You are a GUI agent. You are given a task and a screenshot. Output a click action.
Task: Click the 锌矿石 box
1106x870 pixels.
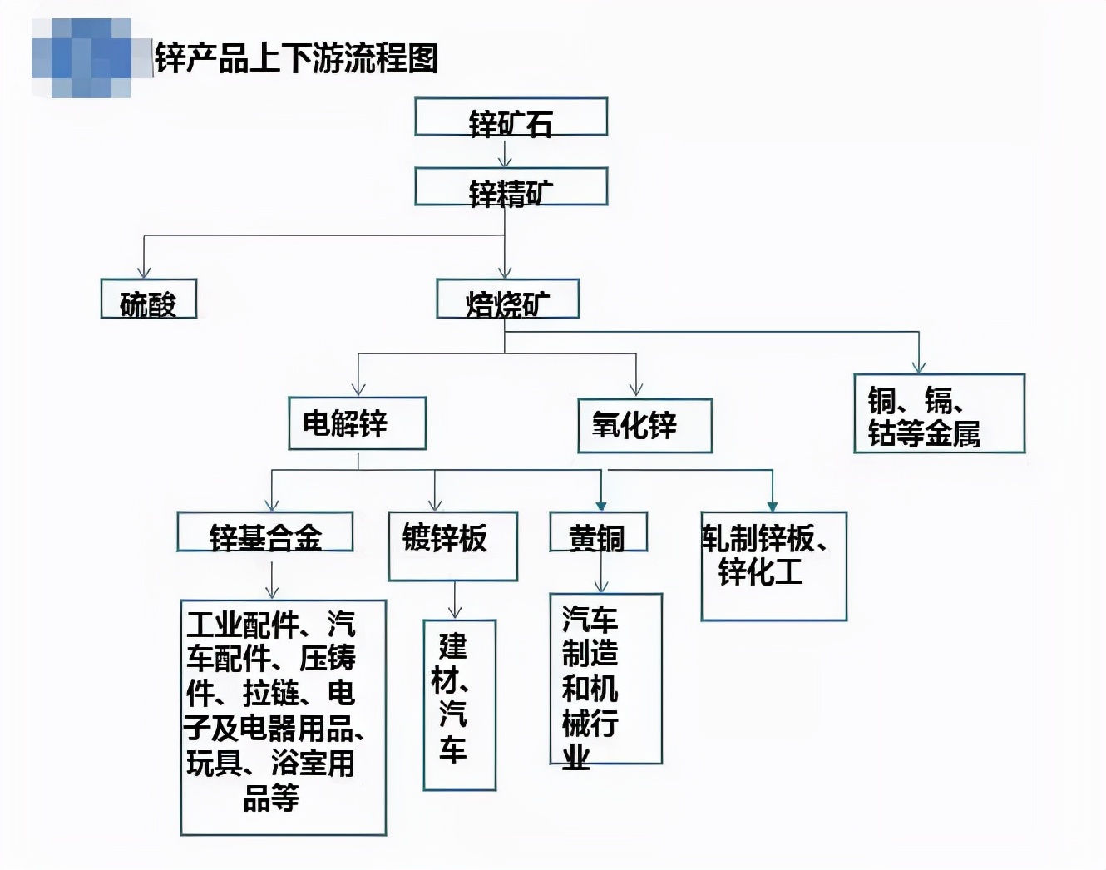(x=511, y=117)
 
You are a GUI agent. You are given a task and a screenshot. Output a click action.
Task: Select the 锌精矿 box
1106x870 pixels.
(x=511, y=186)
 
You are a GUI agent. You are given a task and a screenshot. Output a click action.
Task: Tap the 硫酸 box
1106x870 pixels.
(x=148, y=299)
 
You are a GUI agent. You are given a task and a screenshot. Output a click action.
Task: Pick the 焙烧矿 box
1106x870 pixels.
(x=507, y=299)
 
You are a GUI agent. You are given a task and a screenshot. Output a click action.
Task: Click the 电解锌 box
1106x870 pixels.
(x=357, y=423)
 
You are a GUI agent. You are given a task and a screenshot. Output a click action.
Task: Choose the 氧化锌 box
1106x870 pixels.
(x=644, y=425)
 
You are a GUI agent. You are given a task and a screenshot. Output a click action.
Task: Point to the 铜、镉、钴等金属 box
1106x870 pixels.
(x=939, y=413)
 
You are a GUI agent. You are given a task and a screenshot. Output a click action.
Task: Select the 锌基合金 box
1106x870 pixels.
(x=264, y=532)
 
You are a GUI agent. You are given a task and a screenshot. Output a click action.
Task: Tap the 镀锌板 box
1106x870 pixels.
(x=452, y=546)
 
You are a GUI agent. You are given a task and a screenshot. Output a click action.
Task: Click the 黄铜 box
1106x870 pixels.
(x=598, y=532)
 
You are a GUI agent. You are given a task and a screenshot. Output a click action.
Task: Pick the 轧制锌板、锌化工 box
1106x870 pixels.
(x=773, y=566)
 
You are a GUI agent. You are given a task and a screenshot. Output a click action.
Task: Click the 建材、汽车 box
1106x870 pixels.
(x=459, y=704)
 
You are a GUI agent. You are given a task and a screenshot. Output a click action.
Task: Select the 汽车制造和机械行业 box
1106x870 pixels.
(x=605, y=679)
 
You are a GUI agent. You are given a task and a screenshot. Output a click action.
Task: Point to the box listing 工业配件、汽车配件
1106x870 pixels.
(x=283, y=717)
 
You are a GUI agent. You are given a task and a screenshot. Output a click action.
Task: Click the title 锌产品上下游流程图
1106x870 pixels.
(x=296, y=58)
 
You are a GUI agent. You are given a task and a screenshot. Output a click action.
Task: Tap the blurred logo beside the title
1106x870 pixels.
(x=81, y=58)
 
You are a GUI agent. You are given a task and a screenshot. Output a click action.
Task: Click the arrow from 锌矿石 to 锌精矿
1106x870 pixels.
(x=505, y=152)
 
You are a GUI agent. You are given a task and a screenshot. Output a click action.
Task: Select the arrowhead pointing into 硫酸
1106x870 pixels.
(x=144, y=271)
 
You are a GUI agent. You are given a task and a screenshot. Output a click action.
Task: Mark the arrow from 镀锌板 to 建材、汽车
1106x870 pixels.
(x=455, y=601)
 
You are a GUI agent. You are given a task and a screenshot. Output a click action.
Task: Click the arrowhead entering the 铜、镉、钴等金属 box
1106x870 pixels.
(x=919, y=366)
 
